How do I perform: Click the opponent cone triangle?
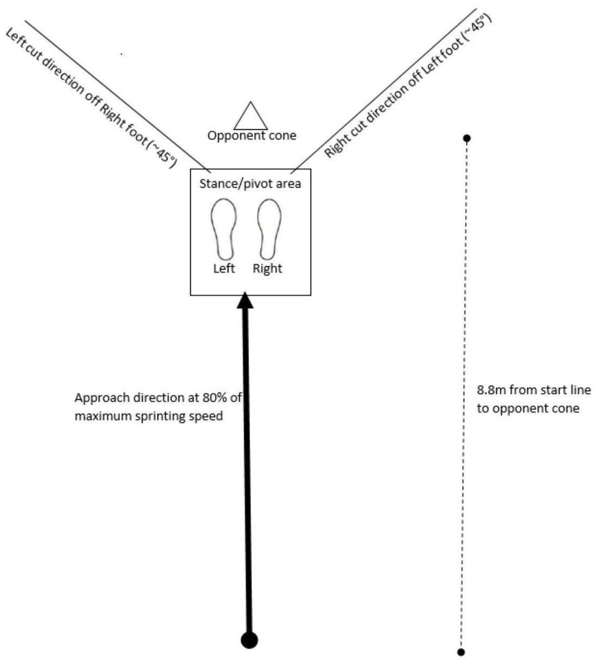point(251,117)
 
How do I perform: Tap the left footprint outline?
point(223,229)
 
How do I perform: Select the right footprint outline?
point(269,229)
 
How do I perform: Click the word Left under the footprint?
point(224,268)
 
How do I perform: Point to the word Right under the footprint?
point(268,268)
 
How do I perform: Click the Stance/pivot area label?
point(250,184)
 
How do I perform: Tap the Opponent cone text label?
point(252,136)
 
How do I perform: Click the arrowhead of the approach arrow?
point(246,301)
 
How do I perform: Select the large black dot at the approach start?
point(250,640)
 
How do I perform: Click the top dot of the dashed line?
point(466,139)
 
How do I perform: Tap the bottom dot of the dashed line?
point(462,651)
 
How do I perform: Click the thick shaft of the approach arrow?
point(247,464)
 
